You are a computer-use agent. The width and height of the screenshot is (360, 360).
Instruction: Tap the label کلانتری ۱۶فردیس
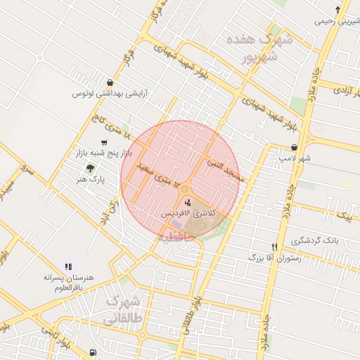[x=191, y=212]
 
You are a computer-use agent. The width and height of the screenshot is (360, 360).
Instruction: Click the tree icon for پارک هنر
[x=89, y=167]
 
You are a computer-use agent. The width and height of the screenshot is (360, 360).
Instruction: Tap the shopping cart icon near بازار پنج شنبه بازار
[x=84, y=143]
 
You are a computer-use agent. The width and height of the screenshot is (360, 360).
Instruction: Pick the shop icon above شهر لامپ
[x=294, y=148]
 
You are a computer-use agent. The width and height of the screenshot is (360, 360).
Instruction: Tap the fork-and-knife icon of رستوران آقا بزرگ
[x=274, y=247]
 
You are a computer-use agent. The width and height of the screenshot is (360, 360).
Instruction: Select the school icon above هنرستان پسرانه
[x=68, y=266]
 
